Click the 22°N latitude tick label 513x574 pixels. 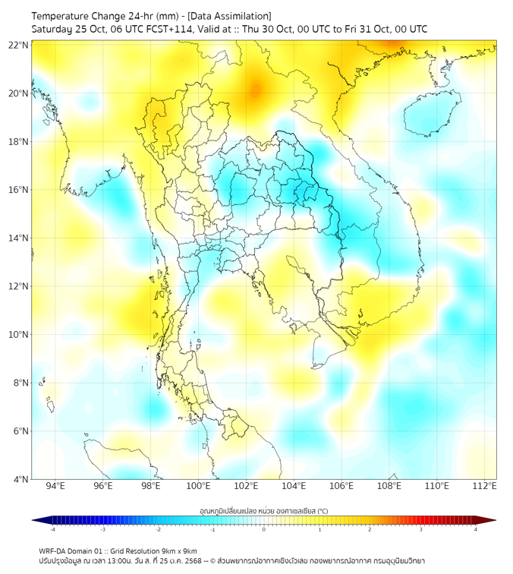pyautogui.click(x=19, y=45)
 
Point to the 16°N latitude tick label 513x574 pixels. pyautogui.click(x=19, y=190)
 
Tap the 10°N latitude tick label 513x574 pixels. pyautogui.click(x=19, y=335)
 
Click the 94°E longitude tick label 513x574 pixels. pyautogui.click(x=55, y=486)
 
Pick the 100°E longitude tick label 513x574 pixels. pyautogui.click(x=199, y=486)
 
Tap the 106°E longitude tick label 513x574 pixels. pyautogui.click(x=342, y=486)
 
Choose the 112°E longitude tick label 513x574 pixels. pyautogui.click(x=486, y=486)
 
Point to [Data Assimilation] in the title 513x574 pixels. pyautogui.click(x=228, y=16)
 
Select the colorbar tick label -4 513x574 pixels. pyautogui.click(x=52, y=528)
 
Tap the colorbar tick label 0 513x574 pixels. pyautogui.click(x=264, y=528)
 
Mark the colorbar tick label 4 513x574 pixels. pyautogui.click(x=475, y=528)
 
